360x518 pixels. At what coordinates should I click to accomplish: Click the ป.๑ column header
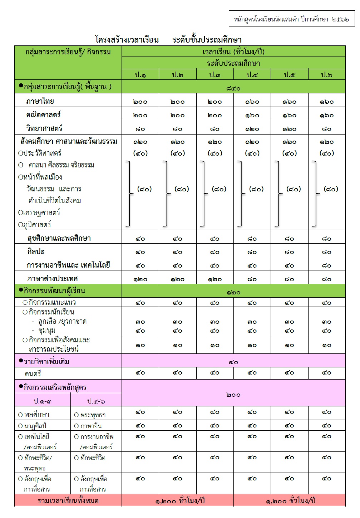click(140, 75)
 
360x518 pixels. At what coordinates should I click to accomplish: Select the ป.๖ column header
click(326, 75)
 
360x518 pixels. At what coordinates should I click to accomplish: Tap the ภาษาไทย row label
click(40, 101)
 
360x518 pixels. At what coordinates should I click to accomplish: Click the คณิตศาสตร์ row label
click(43, 115)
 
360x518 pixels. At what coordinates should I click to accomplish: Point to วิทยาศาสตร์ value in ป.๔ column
click(252, 129)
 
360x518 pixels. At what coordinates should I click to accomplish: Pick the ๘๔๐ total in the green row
click(233, 88)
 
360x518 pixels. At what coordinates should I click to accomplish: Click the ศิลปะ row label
click(35, 251)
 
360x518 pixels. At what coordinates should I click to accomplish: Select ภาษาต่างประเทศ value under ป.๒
click(178, 279)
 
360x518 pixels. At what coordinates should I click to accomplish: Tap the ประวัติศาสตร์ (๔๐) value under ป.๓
click(215, 153)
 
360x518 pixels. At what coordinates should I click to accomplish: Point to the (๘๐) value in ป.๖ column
click(331, 189)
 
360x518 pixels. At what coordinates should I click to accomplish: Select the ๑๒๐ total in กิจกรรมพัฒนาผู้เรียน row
click(233, 292)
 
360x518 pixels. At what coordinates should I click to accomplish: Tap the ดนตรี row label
click(33, 374)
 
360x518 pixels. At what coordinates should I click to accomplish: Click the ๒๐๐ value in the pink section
click(233, 395)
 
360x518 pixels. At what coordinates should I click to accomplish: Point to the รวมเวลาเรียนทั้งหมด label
click(68, 501)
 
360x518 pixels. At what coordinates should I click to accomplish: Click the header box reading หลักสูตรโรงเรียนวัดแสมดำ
click(292, 19)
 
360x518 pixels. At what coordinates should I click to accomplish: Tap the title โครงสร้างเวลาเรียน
click(127, 39)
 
